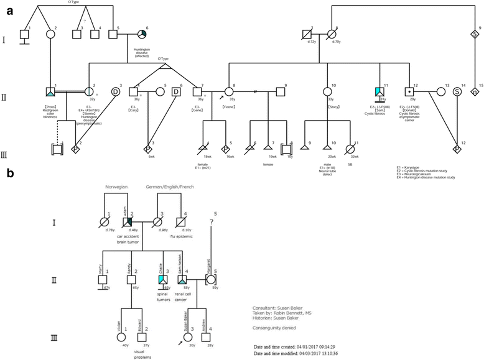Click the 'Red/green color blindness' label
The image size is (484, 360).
52,111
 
